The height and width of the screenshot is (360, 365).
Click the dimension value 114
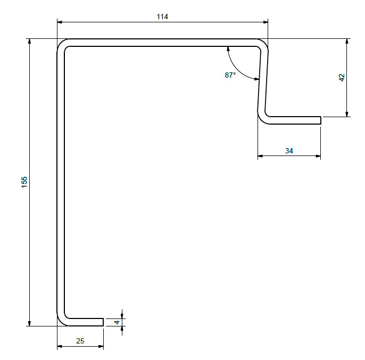point(162,17)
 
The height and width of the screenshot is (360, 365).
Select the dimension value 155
point(24,182)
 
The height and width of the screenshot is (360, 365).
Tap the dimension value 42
point(342,77)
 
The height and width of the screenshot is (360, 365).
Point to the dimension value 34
point(289,151)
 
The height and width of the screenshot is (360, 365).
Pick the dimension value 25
point(80,341)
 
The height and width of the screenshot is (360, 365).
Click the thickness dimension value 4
point(117,322)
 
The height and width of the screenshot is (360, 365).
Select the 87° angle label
point(230,75)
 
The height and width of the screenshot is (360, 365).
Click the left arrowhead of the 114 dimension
point(60,22)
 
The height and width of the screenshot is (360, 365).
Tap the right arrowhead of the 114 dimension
point(265,22)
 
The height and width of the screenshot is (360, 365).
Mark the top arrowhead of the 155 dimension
point(29,42)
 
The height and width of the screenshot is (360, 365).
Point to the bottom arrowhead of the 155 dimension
point(29,323)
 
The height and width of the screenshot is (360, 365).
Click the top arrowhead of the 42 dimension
point(347,42)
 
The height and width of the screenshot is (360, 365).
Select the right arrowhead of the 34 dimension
point(318,156)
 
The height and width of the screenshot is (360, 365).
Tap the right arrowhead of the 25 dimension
point(101,346)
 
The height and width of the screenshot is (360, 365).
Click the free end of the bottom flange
point(103,322)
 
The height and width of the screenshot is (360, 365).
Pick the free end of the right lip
point(320,120)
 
